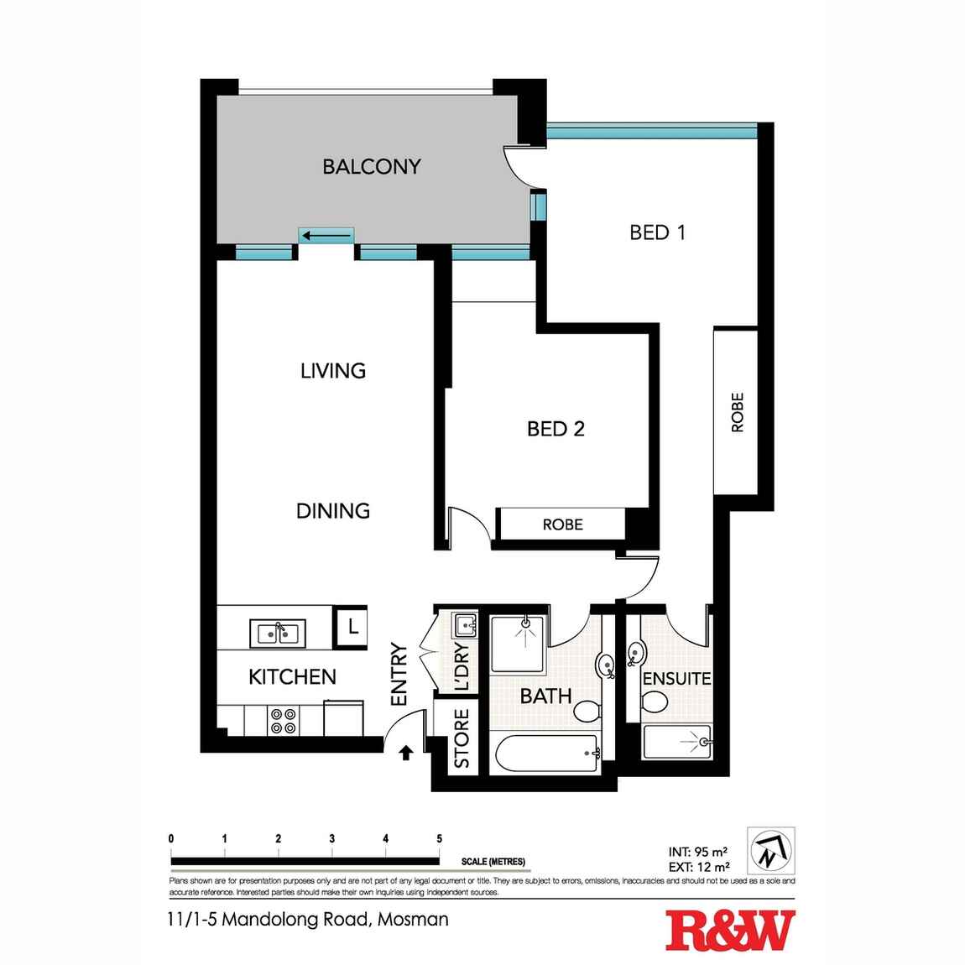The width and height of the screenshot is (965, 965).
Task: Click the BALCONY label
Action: pos(371,166)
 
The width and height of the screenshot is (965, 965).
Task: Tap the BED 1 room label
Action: pos(657,232)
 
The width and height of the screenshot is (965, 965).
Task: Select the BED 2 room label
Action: pos(556,429)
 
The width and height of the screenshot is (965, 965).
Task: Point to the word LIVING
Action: pos(332,370)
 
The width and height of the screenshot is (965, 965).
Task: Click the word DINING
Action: pos(332,510)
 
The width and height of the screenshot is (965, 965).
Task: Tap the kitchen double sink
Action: pos(278,632)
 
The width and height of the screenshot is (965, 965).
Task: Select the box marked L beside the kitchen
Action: pos(352,626)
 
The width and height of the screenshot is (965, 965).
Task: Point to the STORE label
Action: pos(461,739)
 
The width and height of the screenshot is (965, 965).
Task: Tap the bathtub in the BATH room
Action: pos(544,754)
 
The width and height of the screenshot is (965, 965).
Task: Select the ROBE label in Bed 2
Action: pos(562,524)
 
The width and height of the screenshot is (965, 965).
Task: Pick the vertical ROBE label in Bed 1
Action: pos(738,412)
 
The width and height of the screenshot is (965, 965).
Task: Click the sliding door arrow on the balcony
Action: pos(326,236)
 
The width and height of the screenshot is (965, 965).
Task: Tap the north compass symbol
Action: pos(769,850)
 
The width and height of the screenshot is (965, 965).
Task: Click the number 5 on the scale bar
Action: pos(439,838)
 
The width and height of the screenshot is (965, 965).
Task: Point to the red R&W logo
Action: pos(729,931)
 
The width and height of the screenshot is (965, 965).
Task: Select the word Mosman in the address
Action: pos(413,919)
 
